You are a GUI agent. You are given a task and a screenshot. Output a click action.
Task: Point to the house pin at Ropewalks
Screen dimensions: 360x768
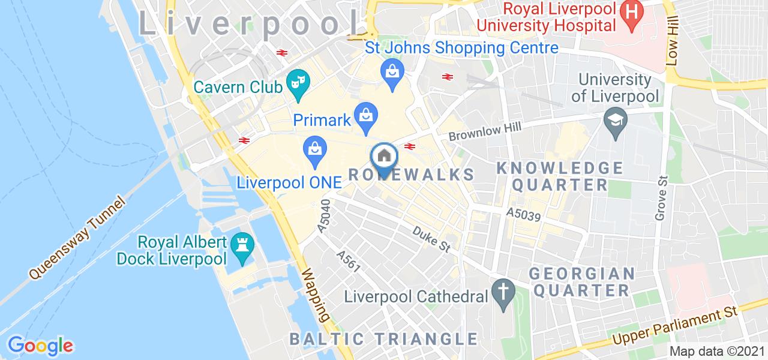pos(384,157)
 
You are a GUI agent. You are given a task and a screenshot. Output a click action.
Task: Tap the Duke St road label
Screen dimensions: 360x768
pos(431,238)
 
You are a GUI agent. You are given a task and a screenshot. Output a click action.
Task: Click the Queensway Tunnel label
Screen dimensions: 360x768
pos(78,238)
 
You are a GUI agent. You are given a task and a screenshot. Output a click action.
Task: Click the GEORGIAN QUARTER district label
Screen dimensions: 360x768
pos(581,282)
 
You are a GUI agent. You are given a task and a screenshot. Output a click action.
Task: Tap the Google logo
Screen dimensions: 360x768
pos(40,346)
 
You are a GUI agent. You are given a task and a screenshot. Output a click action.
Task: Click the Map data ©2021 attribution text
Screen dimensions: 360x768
pos(716,351)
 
